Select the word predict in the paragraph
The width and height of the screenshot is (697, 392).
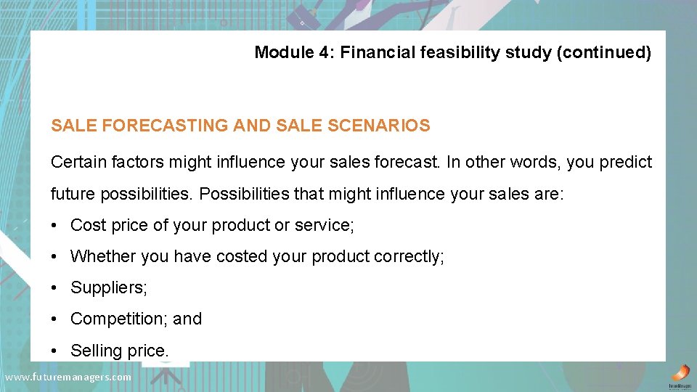626,162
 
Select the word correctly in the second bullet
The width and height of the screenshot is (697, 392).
407,256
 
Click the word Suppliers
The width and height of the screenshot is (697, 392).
108,287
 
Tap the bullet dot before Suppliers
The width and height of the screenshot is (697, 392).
55,288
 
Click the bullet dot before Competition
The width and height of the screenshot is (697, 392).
55,319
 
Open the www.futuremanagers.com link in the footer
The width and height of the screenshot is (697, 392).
68,377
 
